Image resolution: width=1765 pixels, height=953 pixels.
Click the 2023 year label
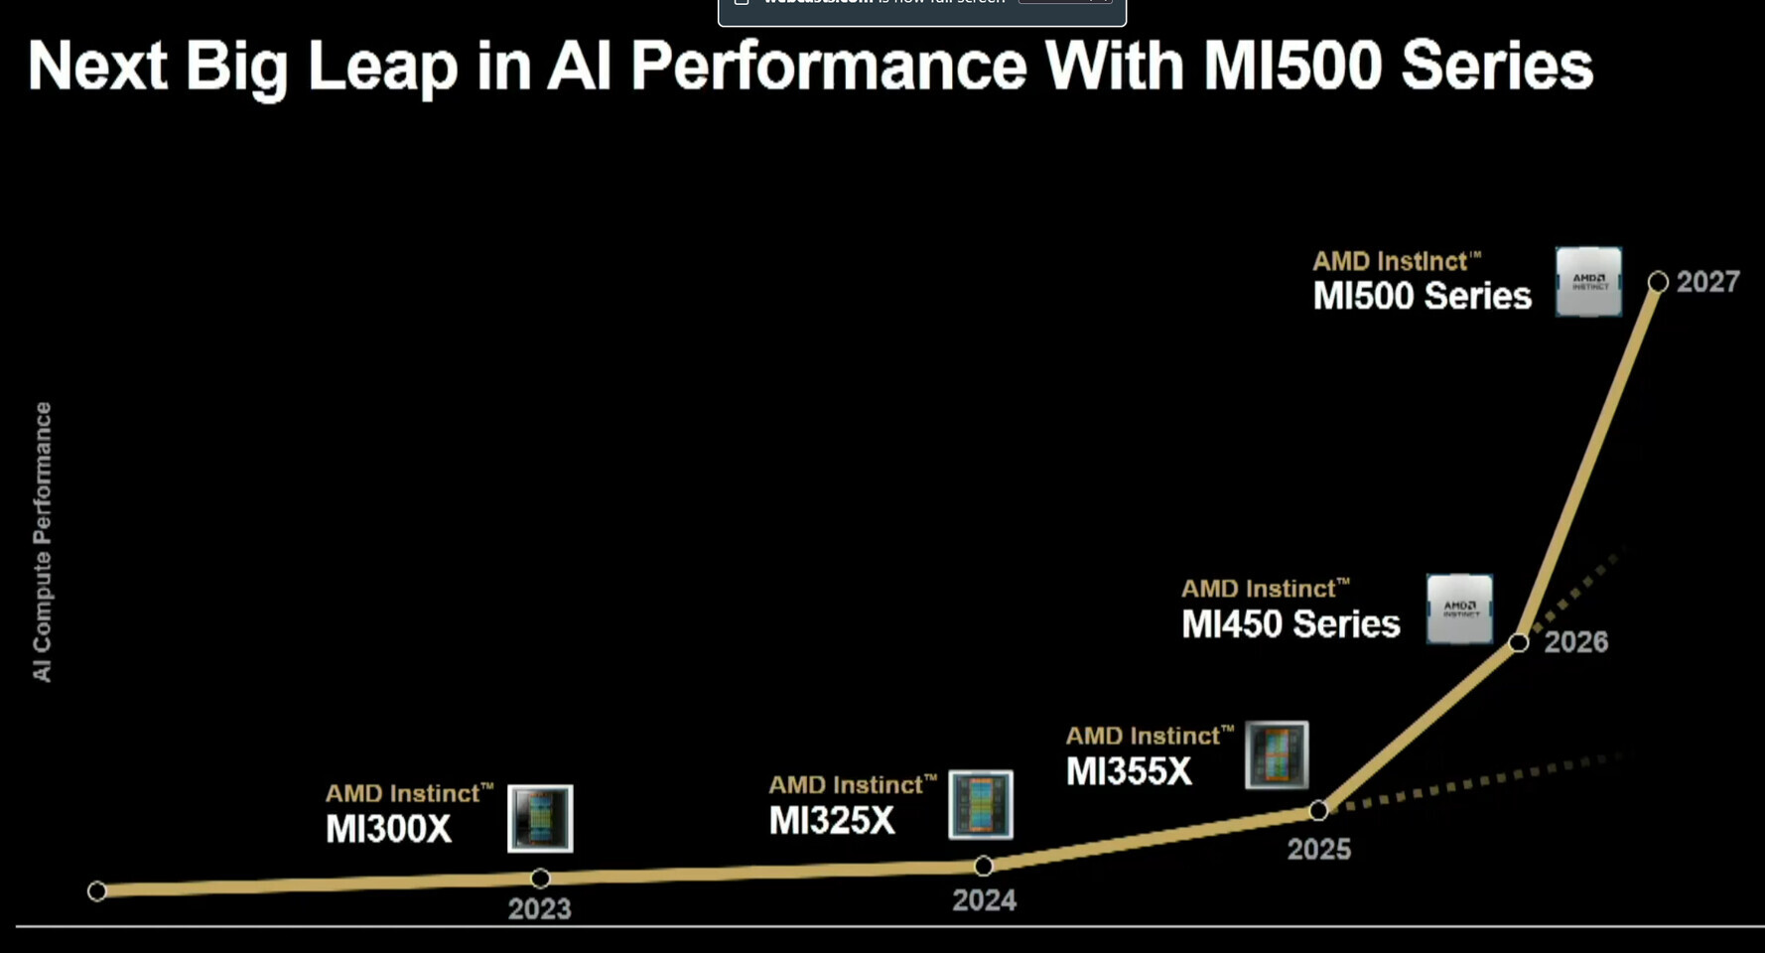(539, 908)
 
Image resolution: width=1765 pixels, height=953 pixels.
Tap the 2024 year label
(984, 899)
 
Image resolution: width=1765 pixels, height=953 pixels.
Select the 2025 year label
(1318, 849)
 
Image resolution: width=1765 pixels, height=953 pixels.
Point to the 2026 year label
(1575, 641)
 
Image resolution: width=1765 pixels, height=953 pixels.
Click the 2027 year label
(1707, 282)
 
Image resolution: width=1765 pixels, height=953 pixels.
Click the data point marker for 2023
(540, 878)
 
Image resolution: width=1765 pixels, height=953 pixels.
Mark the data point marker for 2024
(983, 866)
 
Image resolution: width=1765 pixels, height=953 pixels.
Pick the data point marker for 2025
(1318, 810)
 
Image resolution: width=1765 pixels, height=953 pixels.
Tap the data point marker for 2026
(1518, 642)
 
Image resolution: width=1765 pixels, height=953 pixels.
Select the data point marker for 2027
(1658, 282)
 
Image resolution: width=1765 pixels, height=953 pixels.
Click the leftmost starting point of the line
(96, 890)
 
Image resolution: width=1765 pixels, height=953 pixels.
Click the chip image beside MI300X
(540, 818)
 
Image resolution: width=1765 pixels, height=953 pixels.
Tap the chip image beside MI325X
(981, 804)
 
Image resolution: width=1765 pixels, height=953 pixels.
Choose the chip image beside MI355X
(1277, 754)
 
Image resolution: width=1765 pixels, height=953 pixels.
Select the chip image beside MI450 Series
(1459, 609)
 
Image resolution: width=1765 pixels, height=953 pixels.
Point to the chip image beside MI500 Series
(1588, 282)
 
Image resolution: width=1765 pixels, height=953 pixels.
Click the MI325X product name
(832, 820)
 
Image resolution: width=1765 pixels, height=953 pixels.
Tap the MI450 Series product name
(1290, 623)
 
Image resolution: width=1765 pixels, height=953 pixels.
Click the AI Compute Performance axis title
(42, 541)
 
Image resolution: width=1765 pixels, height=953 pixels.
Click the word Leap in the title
(382, 67)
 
